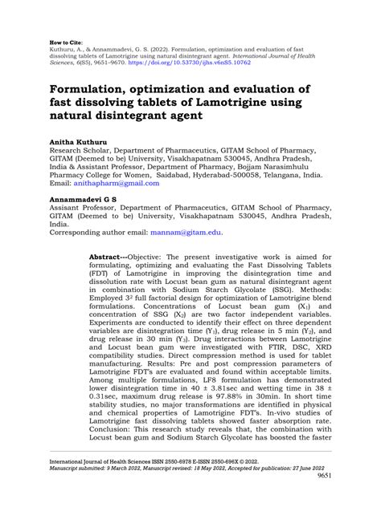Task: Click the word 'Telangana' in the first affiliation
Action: [x=275, y=174]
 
